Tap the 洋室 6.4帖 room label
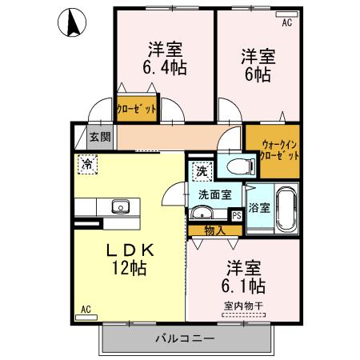click(x=165, y=58)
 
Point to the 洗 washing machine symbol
click(x=199, y=169)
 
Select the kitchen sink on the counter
click(x=121, y=206)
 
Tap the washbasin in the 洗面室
click(x=202, y=213)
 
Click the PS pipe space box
click(x=236, y=214)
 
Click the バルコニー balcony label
click(x=185, y=339)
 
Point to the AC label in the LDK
click(x=86, y=310)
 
